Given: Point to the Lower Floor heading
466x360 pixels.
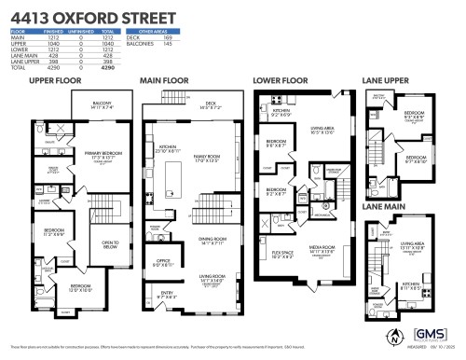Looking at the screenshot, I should click(x=281, y=81).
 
